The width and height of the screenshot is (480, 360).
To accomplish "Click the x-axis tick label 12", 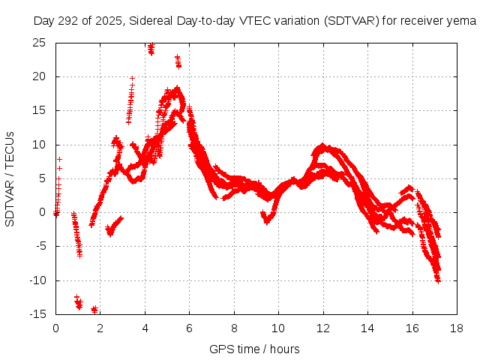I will tap(323, 328).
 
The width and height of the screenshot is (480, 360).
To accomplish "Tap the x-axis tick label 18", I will tap(457, 328).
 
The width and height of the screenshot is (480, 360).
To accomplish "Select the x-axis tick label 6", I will tap(190, 328).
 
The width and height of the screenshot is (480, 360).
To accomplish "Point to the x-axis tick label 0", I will tap(56, 328).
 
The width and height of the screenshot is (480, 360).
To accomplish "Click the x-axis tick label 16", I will tap(412, 328).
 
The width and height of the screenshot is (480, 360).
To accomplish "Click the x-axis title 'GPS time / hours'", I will tap(256, 349).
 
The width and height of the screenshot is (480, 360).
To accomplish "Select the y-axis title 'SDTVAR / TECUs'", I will tap(10, 178).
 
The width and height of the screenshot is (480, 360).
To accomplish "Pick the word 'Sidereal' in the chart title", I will tap(149, 21).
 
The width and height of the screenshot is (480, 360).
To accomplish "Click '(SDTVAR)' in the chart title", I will tap(352, 21).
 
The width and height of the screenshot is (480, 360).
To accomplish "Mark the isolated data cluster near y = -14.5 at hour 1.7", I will tap(94, 309).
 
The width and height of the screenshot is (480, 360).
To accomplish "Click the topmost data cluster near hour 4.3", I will tap(151, 49).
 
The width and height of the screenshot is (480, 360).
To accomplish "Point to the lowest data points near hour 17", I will tap(437, 279).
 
